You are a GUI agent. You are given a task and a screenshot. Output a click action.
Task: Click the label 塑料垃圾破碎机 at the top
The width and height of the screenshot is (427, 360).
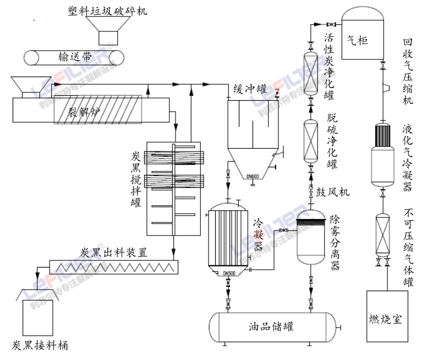(107, 11)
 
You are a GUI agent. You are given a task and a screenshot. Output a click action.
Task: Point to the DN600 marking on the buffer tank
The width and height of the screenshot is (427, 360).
(253, 176)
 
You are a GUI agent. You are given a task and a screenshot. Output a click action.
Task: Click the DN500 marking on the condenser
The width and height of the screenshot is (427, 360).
(228, 273)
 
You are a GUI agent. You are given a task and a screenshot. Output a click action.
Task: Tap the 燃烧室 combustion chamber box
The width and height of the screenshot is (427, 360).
(387, 318)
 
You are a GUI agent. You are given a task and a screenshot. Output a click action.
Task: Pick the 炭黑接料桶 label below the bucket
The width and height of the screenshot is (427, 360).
(40, 345)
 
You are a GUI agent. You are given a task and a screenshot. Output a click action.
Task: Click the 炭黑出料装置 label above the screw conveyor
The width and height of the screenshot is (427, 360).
(113, 253)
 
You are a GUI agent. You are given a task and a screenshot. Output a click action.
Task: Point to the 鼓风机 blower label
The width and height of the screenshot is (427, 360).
(332, 192)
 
